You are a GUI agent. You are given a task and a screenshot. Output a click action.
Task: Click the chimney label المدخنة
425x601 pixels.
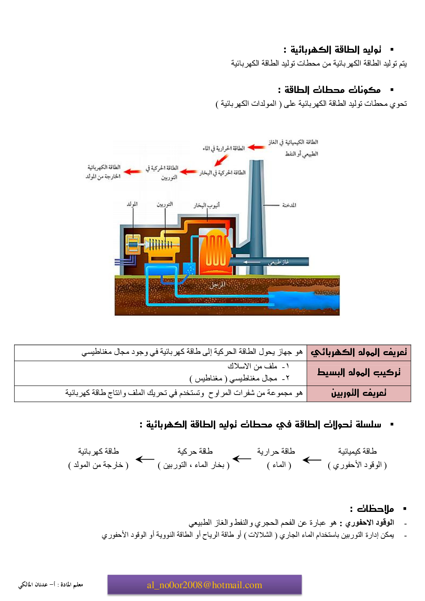(x=289, y=205)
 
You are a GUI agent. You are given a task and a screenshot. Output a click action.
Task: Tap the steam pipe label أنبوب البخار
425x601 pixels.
(x=207, y=205)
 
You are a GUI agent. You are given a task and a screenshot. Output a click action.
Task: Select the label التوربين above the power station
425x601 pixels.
(x=165, y=204)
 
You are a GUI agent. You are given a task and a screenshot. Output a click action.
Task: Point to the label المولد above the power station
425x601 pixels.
(x=132, y=204)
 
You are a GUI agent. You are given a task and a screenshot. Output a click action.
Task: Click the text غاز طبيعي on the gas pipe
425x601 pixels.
(x=278, y=262)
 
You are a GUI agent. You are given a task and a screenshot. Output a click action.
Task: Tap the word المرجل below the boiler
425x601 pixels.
(x=217, y=285)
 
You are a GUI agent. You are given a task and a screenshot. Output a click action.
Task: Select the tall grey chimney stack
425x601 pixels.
(x=256, y=206)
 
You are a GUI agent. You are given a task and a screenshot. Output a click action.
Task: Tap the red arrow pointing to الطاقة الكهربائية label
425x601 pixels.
(x=132, y=172)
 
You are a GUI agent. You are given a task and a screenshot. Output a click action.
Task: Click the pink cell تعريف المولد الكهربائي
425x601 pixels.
(x=359, y=353)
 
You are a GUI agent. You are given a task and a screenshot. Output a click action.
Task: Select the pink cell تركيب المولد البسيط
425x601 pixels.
(x=359, y=373)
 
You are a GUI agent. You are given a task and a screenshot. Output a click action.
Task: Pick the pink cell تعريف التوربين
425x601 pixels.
(x=359, y=393)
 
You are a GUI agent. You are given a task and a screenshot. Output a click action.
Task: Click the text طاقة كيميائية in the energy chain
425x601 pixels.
(x=357, y=451)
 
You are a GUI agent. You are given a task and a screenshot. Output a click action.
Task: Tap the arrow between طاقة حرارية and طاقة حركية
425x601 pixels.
(x=242, y=459)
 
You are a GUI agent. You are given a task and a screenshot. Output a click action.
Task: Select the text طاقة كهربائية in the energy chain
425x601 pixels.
(x=99, y=451)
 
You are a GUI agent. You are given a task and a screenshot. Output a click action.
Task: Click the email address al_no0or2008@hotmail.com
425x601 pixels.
(x=204, y=585)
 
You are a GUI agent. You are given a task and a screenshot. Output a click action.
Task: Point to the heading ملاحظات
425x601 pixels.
(x=372, y=509)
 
